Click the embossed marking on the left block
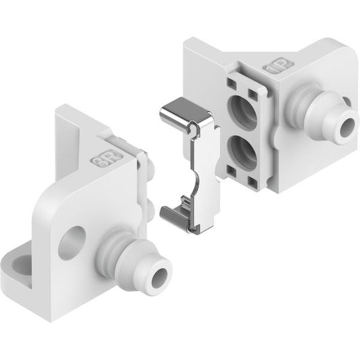click(x=107, y=159)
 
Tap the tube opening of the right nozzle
click(x=349, y=128)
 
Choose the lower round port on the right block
click(x=242, y=151)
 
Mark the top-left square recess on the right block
click(x=232, y=84)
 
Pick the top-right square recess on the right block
click(x=253, y=93)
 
